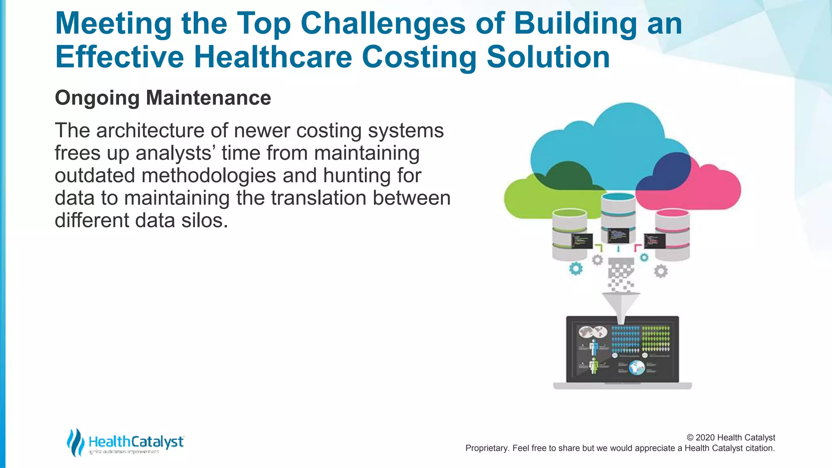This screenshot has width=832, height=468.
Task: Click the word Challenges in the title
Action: click(x=383, y=24)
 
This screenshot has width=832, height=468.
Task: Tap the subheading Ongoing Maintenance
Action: click(x=163, y=98)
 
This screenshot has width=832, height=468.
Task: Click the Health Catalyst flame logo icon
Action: click(x=75, y=442)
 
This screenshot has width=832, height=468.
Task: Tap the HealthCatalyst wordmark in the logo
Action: click(x=136, y=441)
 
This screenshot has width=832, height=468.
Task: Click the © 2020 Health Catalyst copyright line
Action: click(x=730, y=438)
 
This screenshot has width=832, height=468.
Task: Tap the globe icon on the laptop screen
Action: click(x=637, y=368)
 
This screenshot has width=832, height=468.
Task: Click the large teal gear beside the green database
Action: click(x=576, y=269)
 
